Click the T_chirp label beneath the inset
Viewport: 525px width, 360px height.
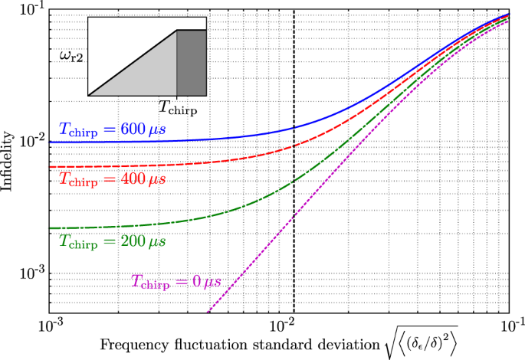177,108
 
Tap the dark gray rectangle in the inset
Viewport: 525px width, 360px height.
192,63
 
